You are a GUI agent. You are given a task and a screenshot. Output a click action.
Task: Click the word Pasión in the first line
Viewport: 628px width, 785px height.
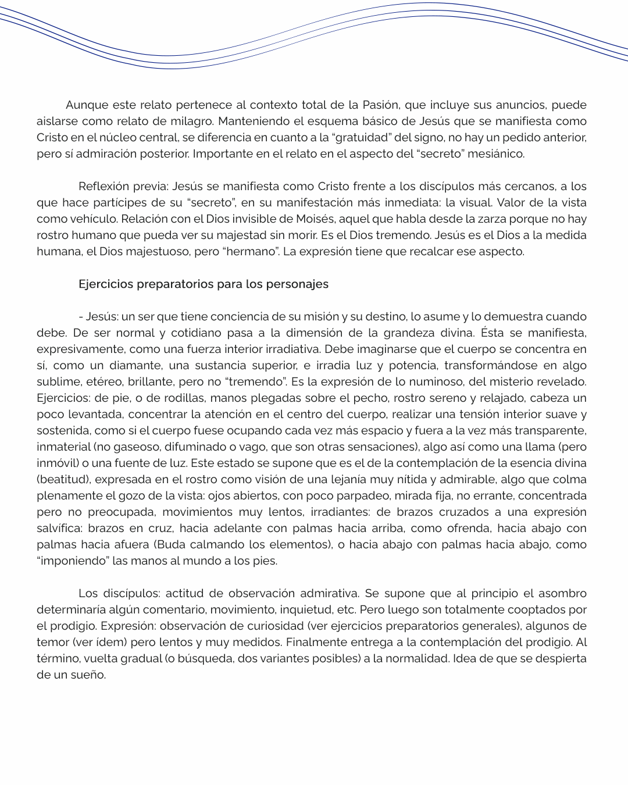[381, 105]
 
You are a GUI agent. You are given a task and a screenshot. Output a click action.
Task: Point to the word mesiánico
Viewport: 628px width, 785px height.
[498, 154]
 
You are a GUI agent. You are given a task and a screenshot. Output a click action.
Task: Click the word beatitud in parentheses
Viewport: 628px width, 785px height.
[62, 480]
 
